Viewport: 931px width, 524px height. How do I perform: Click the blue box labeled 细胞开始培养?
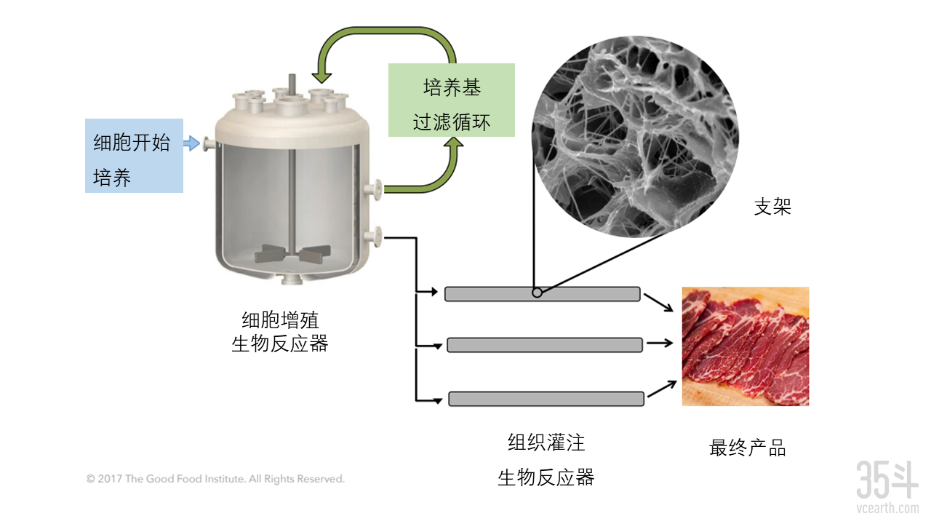pos(134,156)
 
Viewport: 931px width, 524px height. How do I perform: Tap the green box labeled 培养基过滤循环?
pos(452,100)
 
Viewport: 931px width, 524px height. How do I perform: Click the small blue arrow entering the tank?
pos(191,144)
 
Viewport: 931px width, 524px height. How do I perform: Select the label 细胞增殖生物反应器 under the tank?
pos(280,331)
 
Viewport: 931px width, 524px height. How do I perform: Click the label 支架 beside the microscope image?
pos(772,207)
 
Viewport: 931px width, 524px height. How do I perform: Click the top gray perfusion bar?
pos(542,294)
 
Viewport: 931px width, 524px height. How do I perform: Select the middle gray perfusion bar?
pos(544,345)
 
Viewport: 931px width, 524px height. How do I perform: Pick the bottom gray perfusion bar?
pos(546,399)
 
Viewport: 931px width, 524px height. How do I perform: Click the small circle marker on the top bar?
pos(536,293)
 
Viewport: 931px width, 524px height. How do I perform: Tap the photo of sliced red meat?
pos(745,346)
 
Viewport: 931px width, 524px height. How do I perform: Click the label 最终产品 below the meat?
pos(747,448)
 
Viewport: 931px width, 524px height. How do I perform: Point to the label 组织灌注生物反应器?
pos(546,459)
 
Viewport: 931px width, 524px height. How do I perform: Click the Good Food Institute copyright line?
pos(215,480)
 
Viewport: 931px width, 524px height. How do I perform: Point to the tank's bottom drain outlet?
pos(290,280)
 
